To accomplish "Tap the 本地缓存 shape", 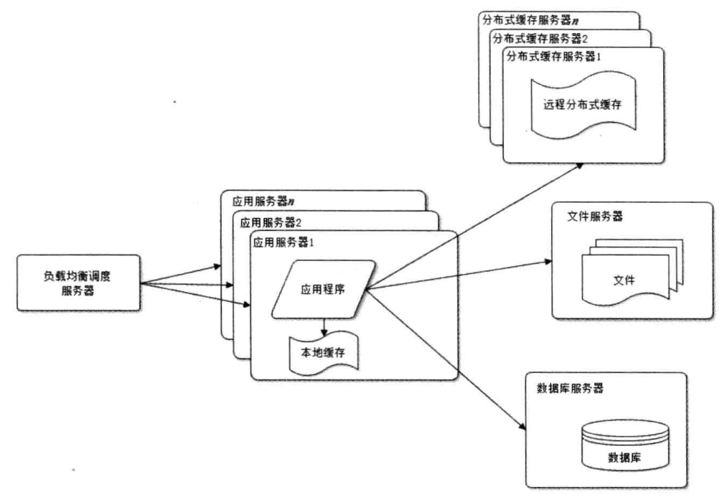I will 323,352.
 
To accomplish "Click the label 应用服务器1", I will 284,242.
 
